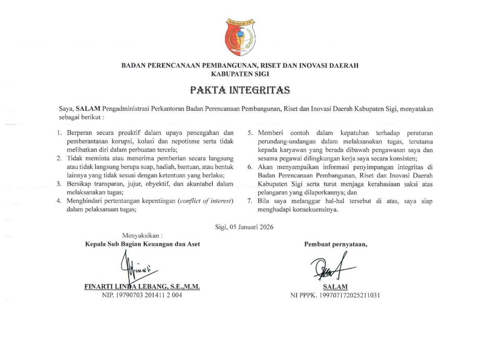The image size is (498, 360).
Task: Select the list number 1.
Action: [x=59, y=133]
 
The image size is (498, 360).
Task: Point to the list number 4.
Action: [x=59, y=201]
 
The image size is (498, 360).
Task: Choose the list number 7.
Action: [x=250, y=201]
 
